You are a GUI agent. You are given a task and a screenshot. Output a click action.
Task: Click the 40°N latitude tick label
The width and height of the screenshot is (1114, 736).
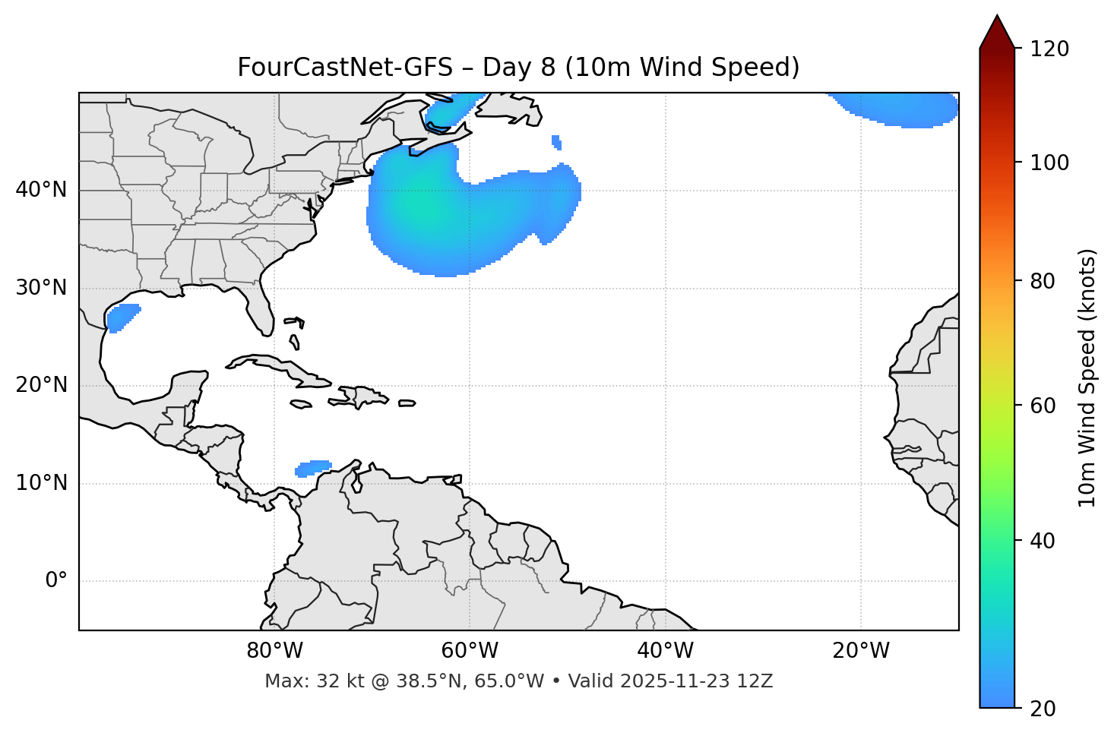coord(41,190)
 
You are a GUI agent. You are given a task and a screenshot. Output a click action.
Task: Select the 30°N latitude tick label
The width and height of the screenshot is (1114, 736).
coord(41,288)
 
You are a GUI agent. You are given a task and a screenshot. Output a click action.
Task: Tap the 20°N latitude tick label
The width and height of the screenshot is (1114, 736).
coord(41,385)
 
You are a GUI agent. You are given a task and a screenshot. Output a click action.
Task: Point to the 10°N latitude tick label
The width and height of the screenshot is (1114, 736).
coord(41,483)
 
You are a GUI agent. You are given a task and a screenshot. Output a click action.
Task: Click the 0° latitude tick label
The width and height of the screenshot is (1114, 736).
coord(56,581)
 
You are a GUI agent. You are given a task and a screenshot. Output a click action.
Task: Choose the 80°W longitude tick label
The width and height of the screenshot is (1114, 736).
coord(274,651)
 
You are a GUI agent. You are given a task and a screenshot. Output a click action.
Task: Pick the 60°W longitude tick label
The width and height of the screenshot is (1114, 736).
coord(470,651)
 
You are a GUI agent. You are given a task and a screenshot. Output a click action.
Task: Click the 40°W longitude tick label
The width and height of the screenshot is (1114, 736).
coord(665,651)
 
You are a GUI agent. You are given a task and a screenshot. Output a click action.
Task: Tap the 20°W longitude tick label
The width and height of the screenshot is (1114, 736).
coord(861,651)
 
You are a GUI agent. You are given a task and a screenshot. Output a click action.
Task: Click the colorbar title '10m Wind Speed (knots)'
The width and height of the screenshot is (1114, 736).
coord(1087,377)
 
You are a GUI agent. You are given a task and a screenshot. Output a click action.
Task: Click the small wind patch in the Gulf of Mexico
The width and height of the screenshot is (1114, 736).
coord(122,317)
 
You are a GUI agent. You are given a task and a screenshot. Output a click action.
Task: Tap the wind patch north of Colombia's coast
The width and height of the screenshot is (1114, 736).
coord(313,468)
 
